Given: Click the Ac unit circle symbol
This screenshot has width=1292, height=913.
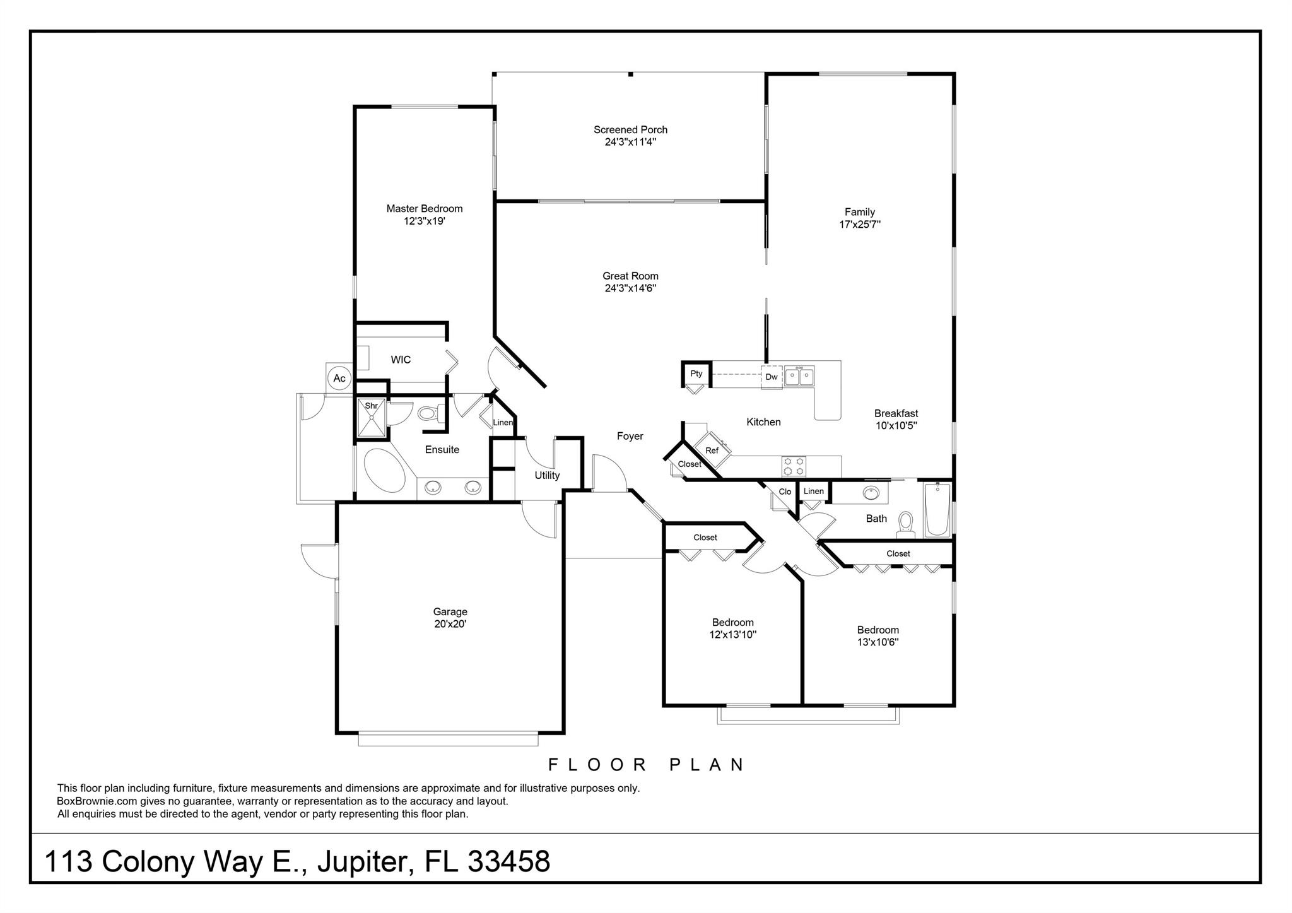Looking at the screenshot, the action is (x=339, y=378).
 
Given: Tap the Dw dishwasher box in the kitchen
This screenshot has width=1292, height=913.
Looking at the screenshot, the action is (x=772, y=377).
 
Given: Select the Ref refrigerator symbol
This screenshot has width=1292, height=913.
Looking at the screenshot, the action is (x=712, y=450).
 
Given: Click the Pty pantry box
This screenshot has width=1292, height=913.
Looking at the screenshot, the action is (x=696, y=374).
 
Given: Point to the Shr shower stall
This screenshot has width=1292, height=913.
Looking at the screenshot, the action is (x=372, y=417).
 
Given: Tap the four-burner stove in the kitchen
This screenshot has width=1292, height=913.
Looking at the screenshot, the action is (x=794, y=466).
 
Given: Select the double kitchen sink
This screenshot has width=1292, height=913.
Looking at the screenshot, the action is (x=799, y=377).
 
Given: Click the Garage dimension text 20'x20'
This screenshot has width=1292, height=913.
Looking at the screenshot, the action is (x=450, y=624).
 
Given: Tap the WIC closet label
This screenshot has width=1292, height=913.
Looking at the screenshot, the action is (x=401, y=360).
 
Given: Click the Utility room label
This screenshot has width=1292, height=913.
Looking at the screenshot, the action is (x=547, y=475).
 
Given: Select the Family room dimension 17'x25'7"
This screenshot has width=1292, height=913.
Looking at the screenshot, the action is (x=860, y=224).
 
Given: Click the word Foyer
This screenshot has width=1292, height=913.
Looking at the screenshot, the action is (x=630, y=436).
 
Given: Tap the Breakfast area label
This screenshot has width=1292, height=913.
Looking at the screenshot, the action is (x=896, y=413).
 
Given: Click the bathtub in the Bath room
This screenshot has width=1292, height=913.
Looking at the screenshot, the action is (x=937, y=510).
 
